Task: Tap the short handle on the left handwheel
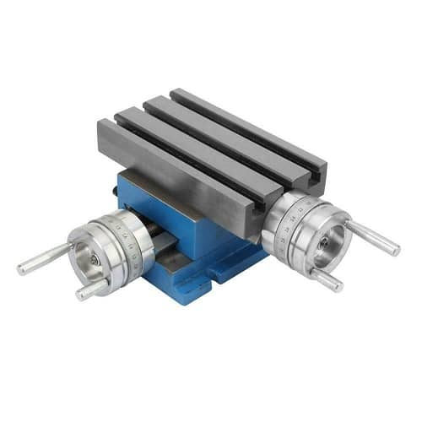[x=91, y=289]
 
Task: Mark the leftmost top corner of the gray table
[x=99, y=127]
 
